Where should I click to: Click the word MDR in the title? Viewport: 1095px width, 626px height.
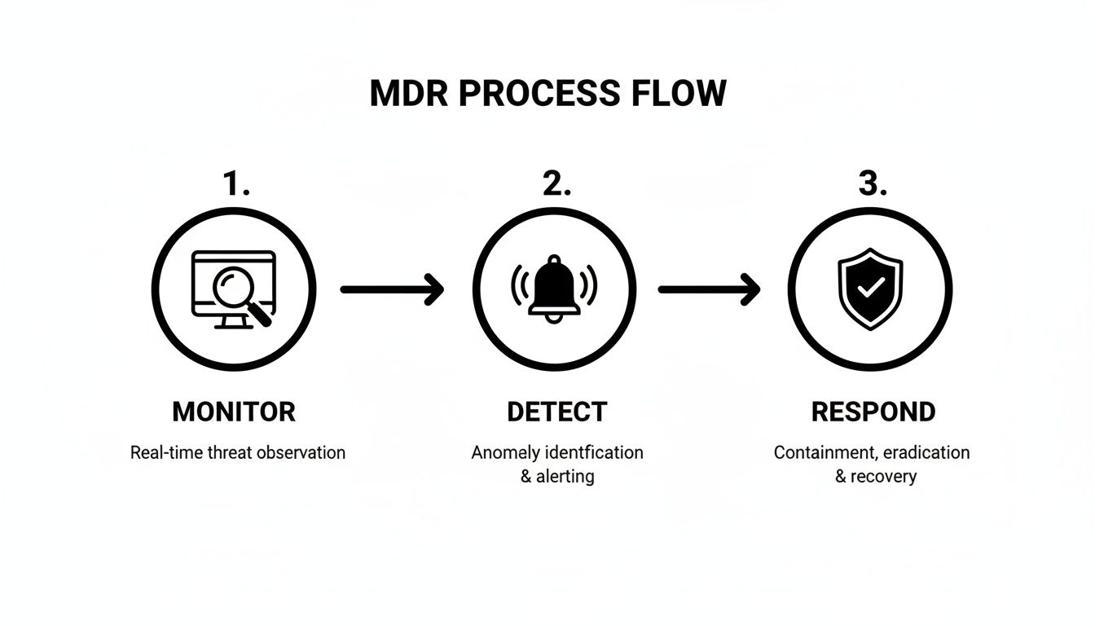[x=410, y=94]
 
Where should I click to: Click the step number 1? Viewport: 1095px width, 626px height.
[x=235, y=185]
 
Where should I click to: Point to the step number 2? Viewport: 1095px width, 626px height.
[x=556, y=185]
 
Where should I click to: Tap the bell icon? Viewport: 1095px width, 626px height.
[x=553, y=289]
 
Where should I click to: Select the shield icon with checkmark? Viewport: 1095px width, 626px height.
[x=870, y=289]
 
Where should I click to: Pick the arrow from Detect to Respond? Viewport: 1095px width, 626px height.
[x=709, y=289]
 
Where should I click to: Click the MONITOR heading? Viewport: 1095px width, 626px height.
[x=234, y=412]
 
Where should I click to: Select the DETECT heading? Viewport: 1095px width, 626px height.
[x=556, y=412]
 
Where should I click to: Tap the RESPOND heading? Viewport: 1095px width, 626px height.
[x=873, y=412]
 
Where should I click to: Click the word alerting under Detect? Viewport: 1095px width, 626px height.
[x=565, y=476]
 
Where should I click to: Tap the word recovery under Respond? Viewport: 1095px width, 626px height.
[x=883, y=476]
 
